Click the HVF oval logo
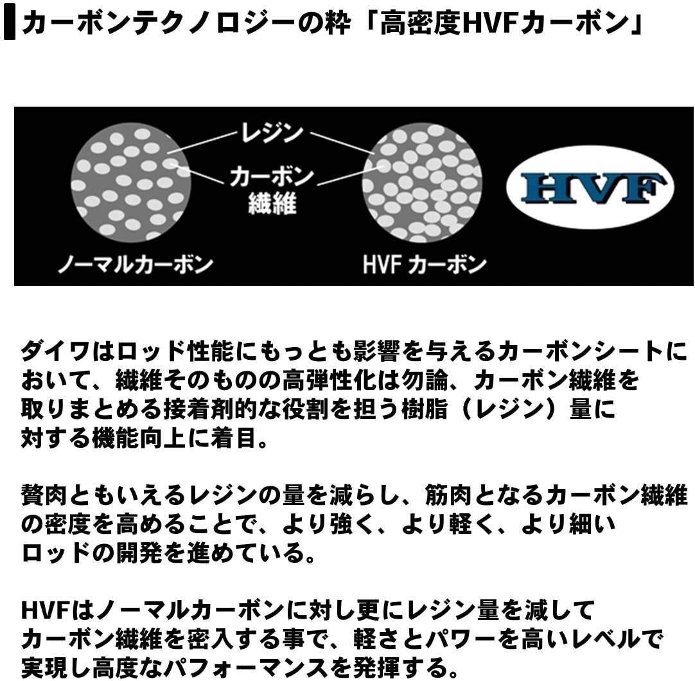pyautogui.click(x=590, y=187)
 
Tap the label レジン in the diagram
pyautogui.click(x=271, y=132)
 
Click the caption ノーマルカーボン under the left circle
pyautogui.click(x=135, y=265)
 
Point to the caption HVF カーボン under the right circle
pyautogui.click(x=424, y=265)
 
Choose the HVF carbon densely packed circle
pyautogui.click(x=422, y=182)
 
